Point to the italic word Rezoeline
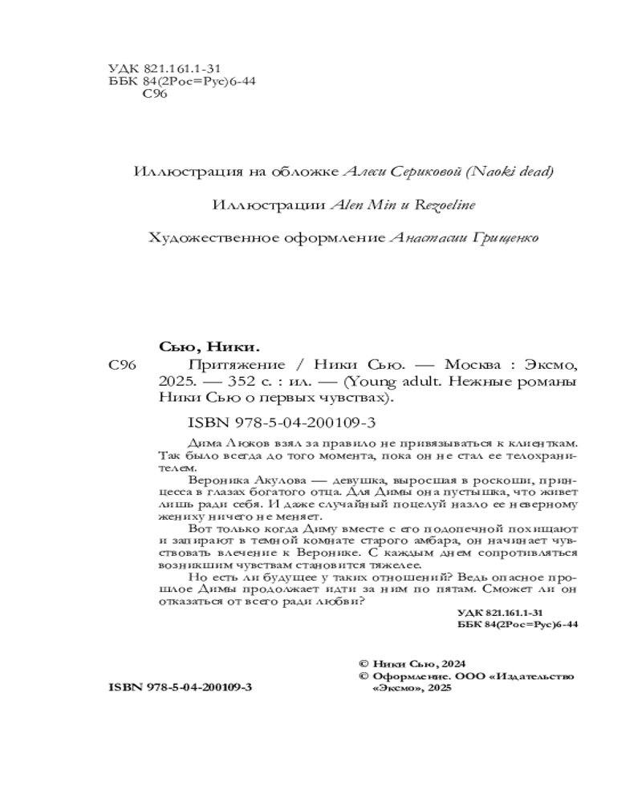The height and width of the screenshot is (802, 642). tap(445, 205)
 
